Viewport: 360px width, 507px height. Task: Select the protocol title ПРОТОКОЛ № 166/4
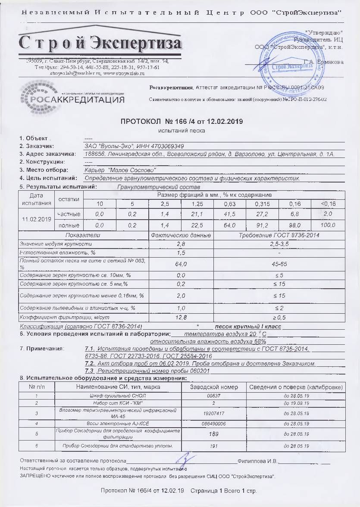[x=181, y=122]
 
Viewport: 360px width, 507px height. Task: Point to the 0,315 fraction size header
[x=262, y=204]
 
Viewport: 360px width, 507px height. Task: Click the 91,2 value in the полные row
[x=262, y=225]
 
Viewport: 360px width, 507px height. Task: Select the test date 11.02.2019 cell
[x=36, y=219]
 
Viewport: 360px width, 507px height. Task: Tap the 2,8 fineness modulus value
[x=181, y=244]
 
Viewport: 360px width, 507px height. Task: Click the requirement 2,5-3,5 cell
[x=279, y=244]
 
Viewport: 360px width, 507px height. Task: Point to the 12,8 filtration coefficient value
[x=181, y=318]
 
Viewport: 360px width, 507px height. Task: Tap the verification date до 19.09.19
[x=296, y=403]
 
